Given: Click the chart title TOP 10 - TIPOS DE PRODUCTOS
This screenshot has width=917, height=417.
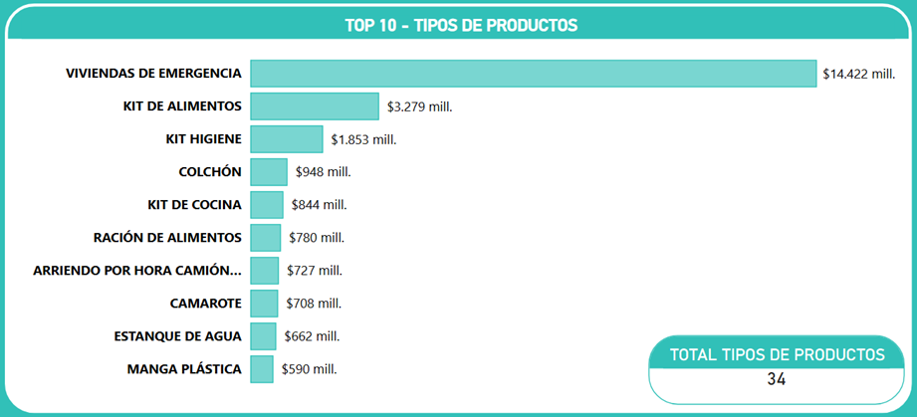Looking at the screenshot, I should [x=460, y=25].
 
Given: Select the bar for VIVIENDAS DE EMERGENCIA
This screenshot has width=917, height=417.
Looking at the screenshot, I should [x=533, y=74].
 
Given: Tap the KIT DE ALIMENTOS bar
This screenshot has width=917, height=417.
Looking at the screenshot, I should [x=315, y=106].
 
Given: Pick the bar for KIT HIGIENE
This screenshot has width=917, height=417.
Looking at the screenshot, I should [x=287, y=139].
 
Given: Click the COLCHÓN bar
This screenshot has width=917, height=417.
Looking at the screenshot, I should [x=269, y=172].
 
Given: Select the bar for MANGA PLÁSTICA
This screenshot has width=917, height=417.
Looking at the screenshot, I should [x=262, y=369].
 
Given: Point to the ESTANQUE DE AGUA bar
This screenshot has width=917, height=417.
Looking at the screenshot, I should [x=264, y=336].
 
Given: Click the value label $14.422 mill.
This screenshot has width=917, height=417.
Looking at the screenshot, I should [x=859, y=74].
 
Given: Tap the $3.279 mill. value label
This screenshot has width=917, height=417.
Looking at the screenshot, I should [x=419, y=106].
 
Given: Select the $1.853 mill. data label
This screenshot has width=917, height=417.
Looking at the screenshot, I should [x=363, y=139].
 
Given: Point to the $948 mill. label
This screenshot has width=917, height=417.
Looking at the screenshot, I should [x=323, y=172].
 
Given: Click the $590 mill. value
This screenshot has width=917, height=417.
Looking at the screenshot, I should [x=309, y=369].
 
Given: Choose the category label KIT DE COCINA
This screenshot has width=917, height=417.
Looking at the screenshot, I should [x=194, y=205].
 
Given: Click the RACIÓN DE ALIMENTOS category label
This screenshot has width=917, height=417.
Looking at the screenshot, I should [x=167, y=238].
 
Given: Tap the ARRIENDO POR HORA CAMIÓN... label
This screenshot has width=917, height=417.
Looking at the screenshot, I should [x=137, y=271].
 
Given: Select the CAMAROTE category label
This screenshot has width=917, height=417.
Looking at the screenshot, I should [x=206, y=304].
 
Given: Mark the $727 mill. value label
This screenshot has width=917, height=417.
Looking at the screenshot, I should [x=314, y=271].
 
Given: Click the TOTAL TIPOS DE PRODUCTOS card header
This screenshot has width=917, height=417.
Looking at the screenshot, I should [x=777, y=354].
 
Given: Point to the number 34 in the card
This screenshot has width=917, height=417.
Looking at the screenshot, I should [x=777, y=379].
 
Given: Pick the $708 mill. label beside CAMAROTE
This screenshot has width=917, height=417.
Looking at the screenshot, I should [x=314, y=304].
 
